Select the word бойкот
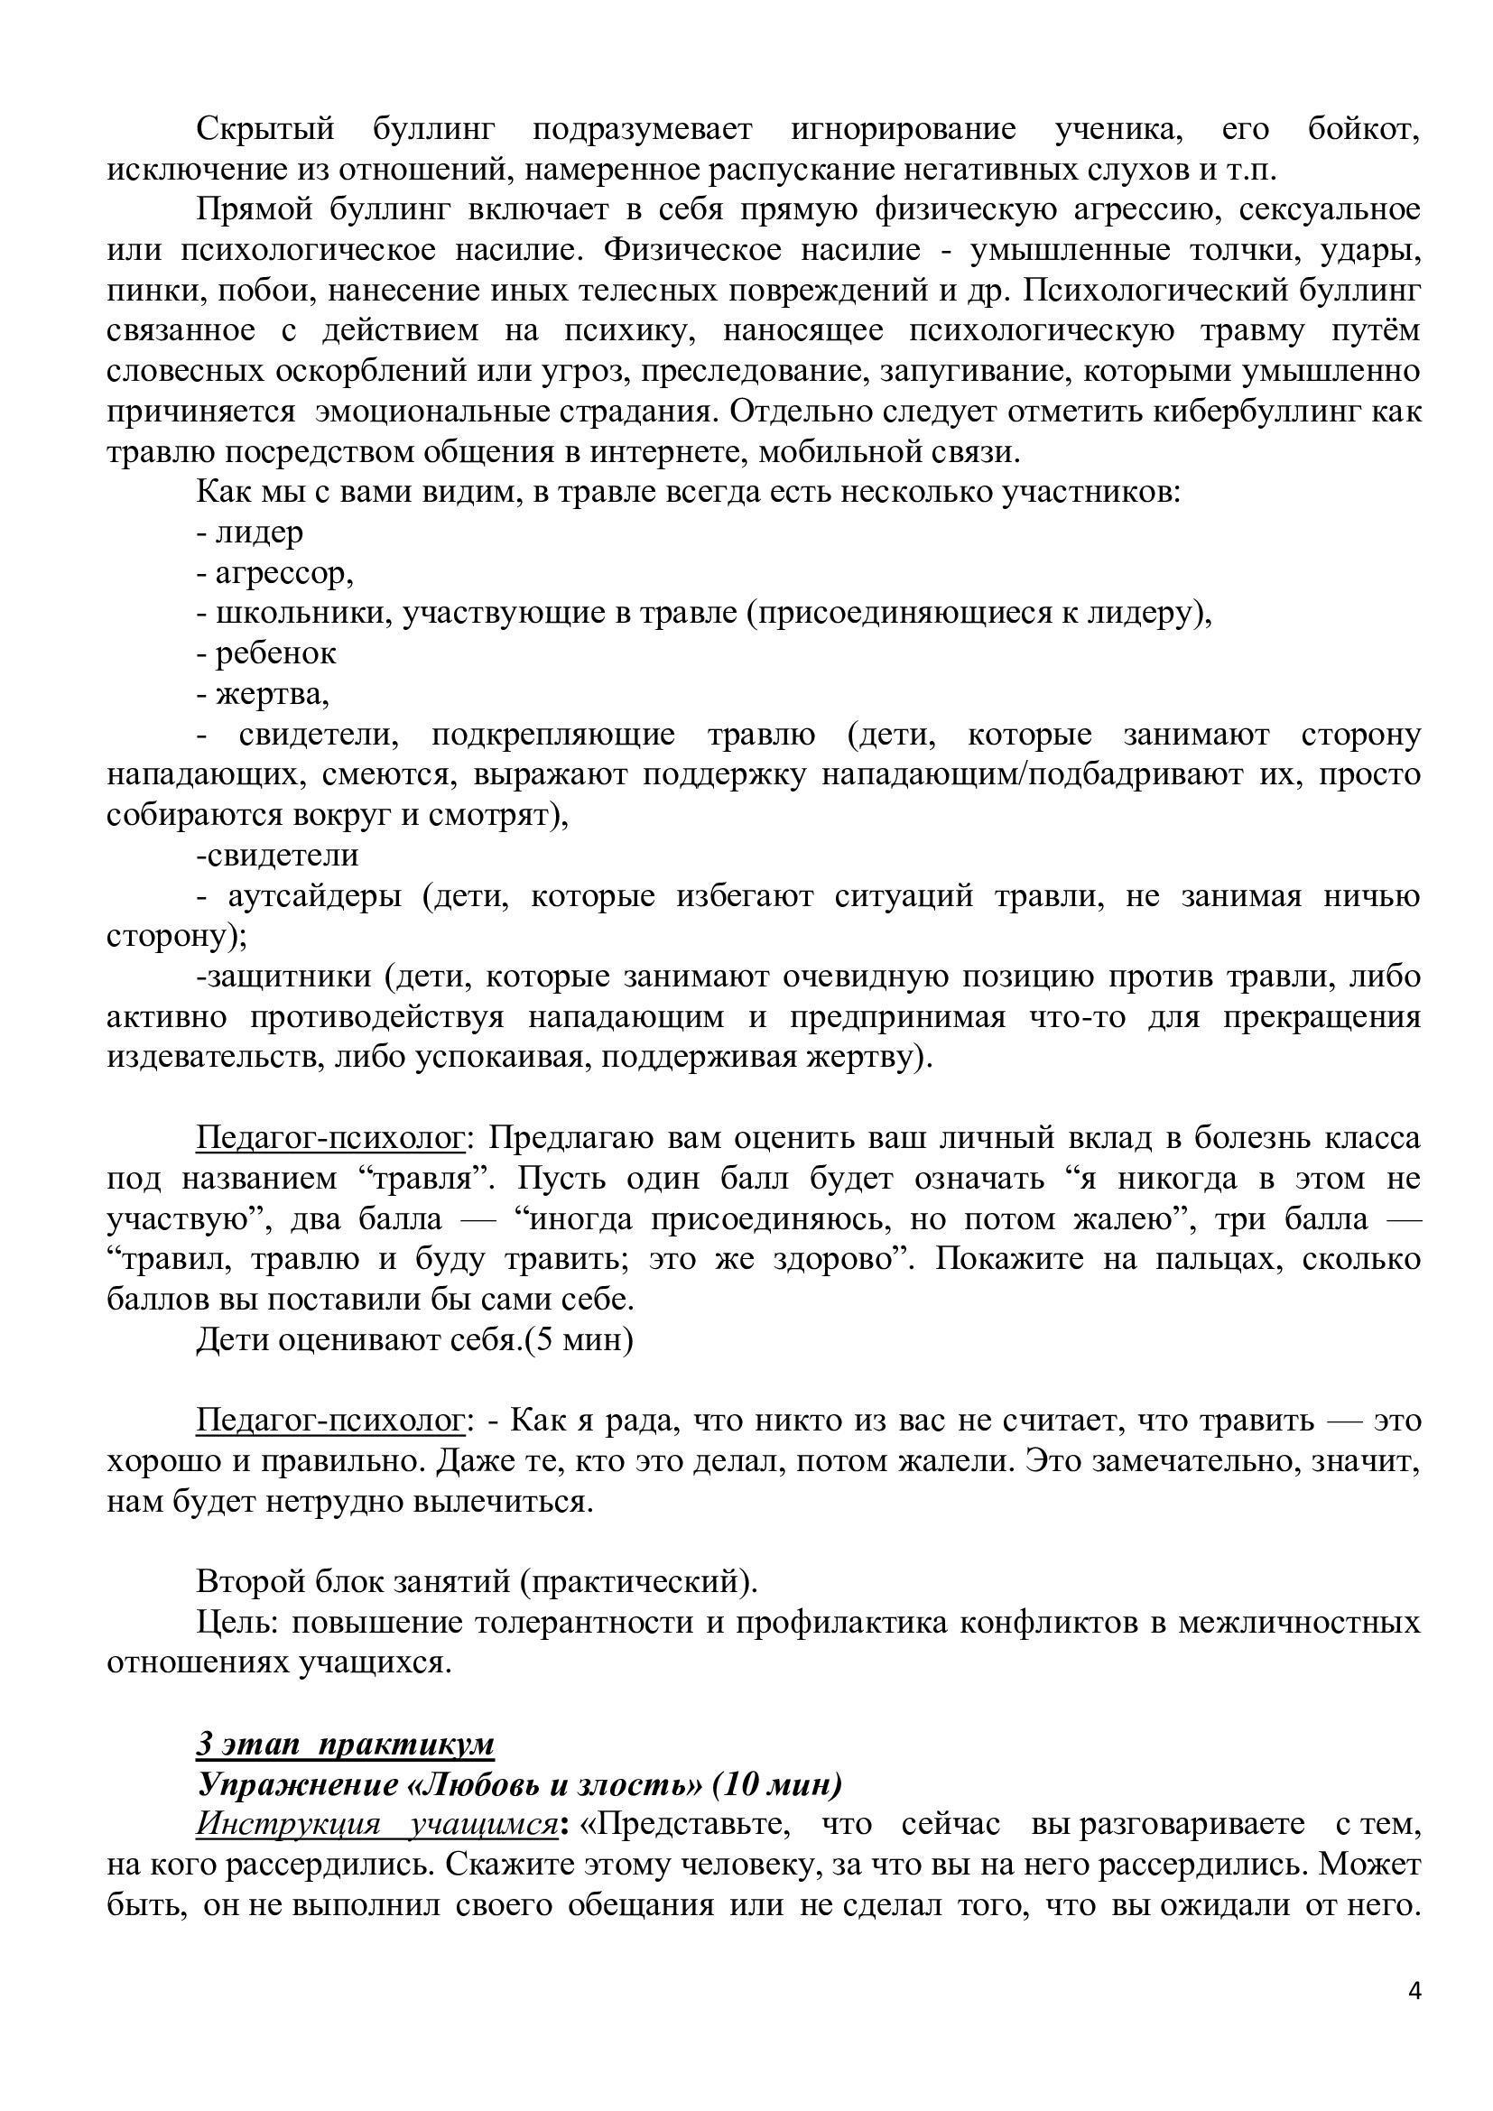tap(1364, 130)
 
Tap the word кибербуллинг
tap(1275, 412)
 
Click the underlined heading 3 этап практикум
tap(346, 1745)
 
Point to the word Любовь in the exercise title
tap(482, 1784)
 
